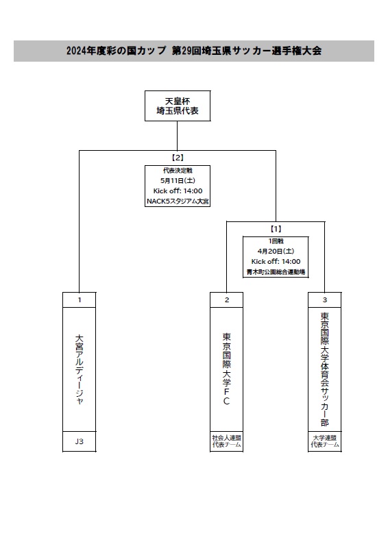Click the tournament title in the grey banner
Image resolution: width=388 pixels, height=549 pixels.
[194, 51]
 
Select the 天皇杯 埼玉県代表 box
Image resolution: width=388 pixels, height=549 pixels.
[178, 106]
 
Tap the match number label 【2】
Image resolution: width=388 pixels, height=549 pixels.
[178, 158]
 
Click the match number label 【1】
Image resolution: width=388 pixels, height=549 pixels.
[276, 229]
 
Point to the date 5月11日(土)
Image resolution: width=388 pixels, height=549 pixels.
[178, 181]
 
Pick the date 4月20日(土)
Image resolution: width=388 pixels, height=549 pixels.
[276, 252]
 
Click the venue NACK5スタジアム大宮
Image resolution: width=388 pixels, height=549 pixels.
[178, 202]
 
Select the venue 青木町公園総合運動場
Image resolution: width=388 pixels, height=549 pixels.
[276, 272]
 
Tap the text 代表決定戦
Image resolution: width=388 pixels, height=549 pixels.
[178, 171]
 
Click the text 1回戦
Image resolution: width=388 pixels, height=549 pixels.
[276, 241]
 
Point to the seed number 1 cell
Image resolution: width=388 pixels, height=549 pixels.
[79, 300]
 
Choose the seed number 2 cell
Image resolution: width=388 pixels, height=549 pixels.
[227, 300]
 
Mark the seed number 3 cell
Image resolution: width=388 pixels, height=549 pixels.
[325, 300]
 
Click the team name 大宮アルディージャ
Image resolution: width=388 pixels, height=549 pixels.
[79, 369]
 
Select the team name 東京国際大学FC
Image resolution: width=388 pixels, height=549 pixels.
[227, 369]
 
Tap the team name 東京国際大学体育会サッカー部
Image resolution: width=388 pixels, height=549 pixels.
[325, 369]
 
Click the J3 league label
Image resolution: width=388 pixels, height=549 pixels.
[79, 441]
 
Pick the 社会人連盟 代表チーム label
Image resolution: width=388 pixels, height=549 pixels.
[227, 441]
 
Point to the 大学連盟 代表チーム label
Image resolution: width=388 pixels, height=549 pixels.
[325, 441]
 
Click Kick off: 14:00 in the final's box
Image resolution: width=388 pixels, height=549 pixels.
[178, 191]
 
